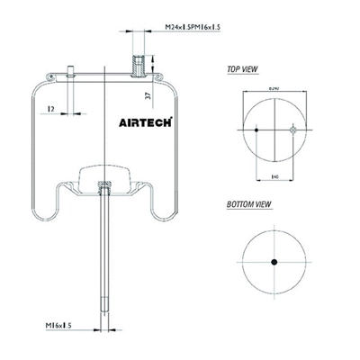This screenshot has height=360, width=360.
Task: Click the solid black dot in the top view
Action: point(257,131)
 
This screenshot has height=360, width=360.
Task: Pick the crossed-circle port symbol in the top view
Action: point(292,131)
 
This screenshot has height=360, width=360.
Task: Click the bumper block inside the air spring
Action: point(104,174)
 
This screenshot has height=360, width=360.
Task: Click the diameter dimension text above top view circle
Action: point(274,87)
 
